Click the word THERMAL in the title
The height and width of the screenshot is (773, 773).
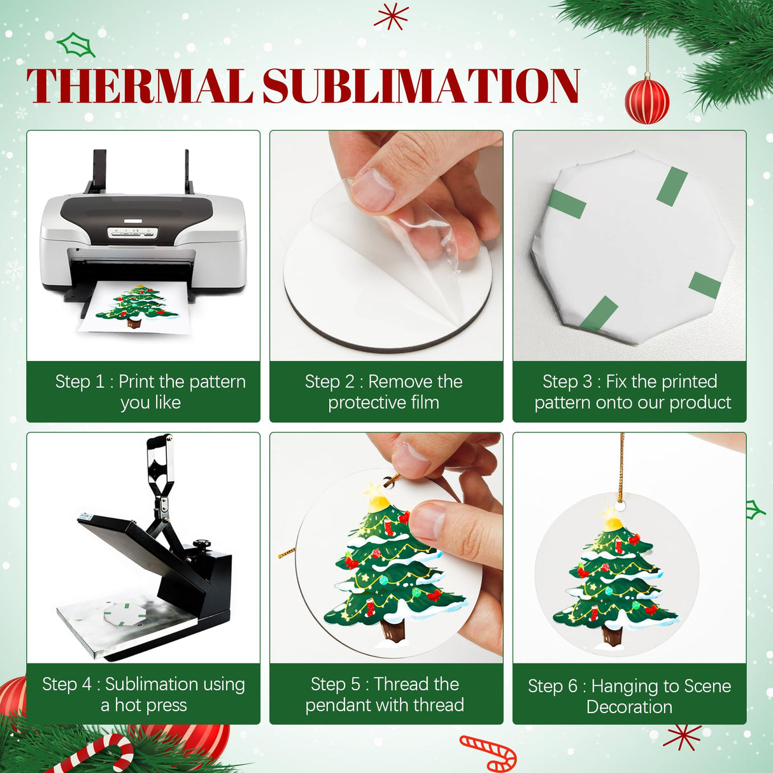[139, 86]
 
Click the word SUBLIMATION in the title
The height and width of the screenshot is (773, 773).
[421, 86]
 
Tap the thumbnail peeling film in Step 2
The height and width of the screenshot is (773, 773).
[373, 189]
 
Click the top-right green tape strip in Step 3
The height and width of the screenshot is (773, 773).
[672, 187]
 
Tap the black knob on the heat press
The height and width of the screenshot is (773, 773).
[202, 546]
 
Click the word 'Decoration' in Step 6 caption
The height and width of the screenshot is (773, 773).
[629, 707]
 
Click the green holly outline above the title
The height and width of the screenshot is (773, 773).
[76, 45]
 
